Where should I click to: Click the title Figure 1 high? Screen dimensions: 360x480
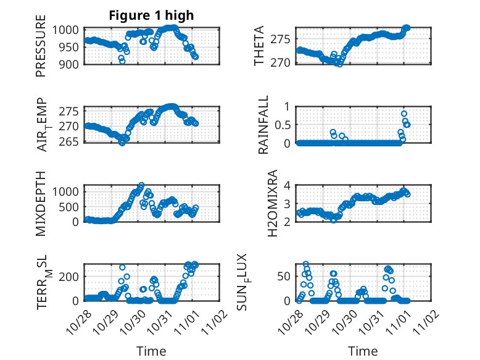point(151,15)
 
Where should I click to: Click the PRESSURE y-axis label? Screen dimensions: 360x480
point(41,50)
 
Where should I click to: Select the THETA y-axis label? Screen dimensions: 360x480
point(259,46)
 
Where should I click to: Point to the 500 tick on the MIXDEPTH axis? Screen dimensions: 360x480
point(71,206)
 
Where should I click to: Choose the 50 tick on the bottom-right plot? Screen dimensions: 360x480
point(284,275)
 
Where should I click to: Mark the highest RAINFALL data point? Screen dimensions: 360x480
point(404,114)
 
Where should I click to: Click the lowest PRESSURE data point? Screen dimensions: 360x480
point(122,61)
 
